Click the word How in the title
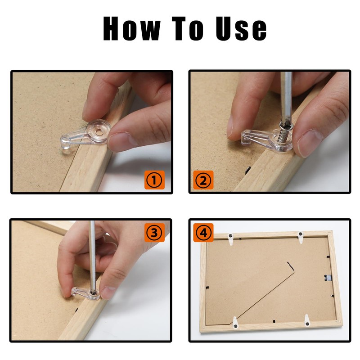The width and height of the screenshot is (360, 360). tap(131, 28)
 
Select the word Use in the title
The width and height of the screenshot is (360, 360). tap(241, 28)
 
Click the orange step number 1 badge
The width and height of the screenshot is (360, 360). tap(154, 180)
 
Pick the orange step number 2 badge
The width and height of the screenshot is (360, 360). tap(203, 180)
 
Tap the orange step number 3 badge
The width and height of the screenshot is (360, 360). tap(154, 232)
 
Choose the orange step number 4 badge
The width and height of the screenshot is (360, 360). tap(203, 232)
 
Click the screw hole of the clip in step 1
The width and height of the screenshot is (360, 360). tap(99, 132)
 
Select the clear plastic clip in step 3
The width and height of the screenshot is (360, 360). tap(85, 293)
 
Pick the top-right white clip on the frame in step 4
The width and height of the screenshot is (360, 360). tap(301, 237)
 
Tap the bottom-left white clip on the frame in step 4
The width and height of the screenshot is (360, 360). tap(235, 323)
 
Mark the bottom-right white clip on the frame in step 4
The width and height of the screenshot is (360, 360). tap(307, 320)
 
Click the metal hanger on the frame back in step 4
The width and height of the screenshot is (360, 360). tap(328, 278)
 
